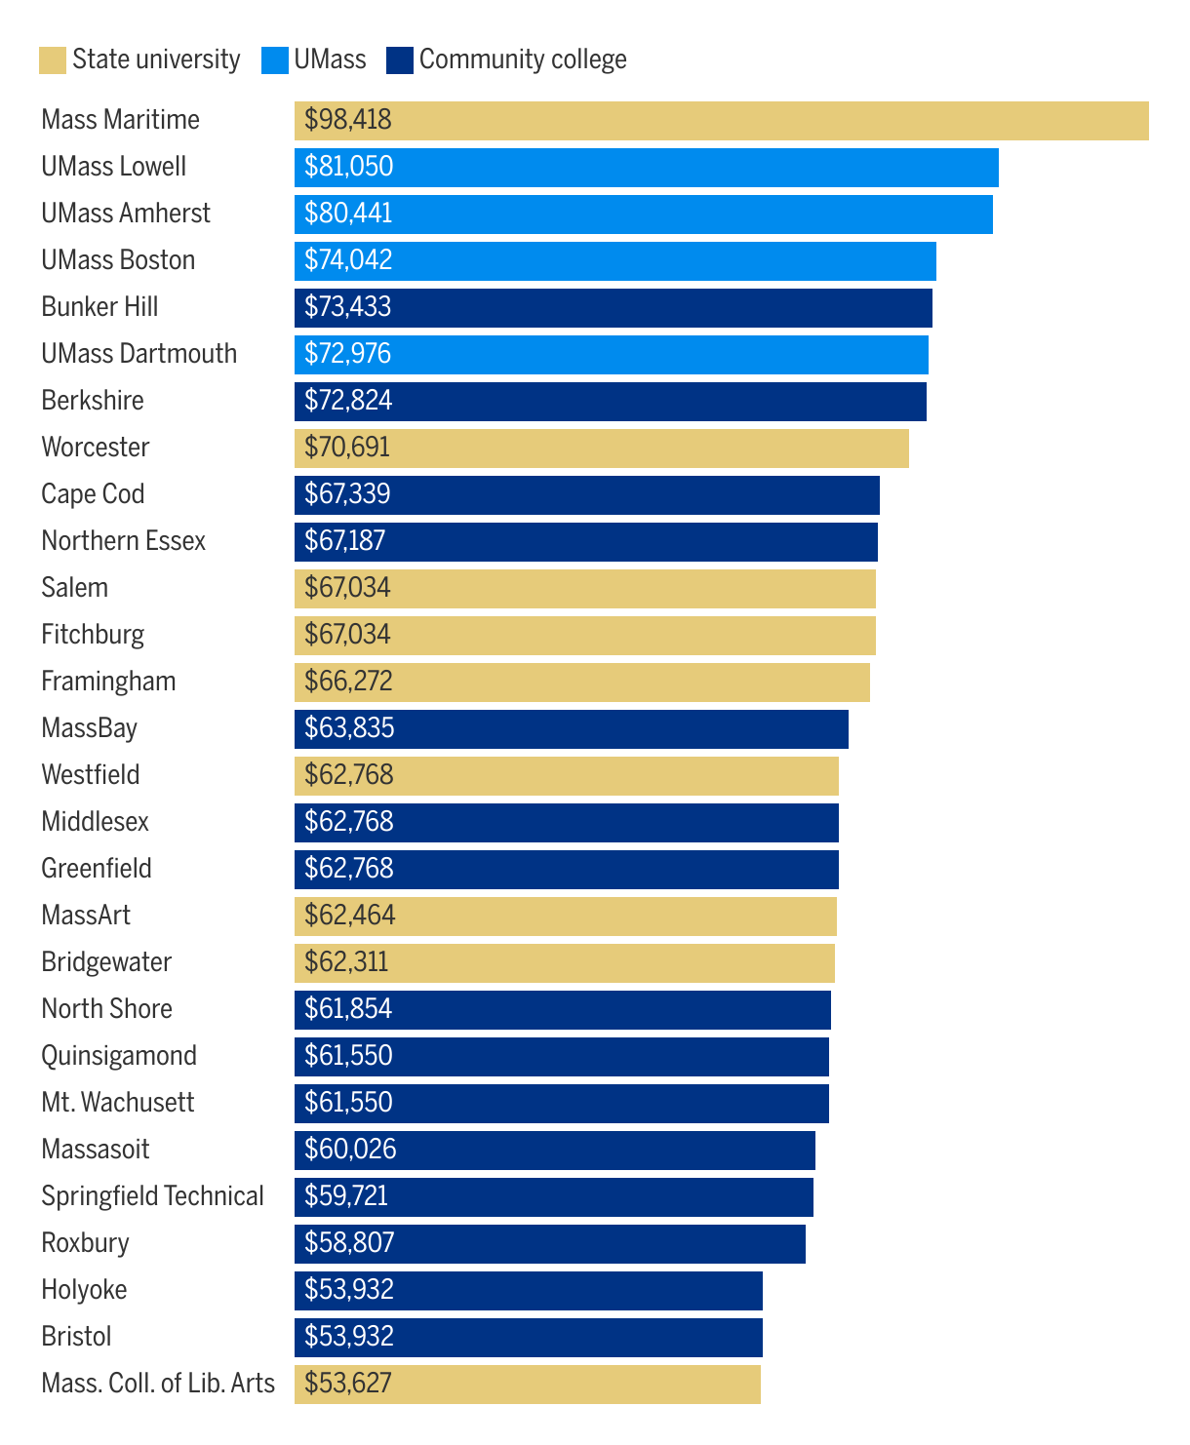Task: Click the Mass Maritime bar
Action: coord(722,121)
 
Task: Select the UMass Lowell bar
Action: coord(647,168)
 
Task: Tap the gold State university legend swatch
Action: coord(53,60)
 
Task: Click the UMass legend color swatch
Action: coord(275,60)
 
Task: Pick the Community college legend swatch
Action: coord(400,60)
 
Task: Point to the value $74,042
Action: coord(348,260)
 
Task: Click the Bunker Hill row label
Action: coord(99,307)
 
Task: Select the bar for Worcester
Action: coord(602,449)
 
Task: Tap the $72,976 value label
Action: coord(347,354)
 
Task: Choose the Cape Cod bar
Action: coord(587,495)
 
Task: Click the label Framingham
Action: coord(108,682)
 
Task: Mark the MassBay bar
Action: coord(572,729)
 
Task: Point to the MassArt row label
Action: coord(86,916)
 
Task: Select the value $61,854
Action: coord(348,1009)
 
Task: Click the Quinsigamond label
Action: coord(119,1056)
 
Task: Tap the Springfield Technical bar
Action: coord(554,1197)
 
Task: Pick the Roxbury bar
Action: coord(550,1244)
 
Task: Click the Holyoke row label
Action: coord(84,1290)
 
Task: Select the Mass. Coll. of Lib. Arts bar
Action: coord(528,1385)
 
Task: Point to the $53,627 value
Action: coord(348,1384)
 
